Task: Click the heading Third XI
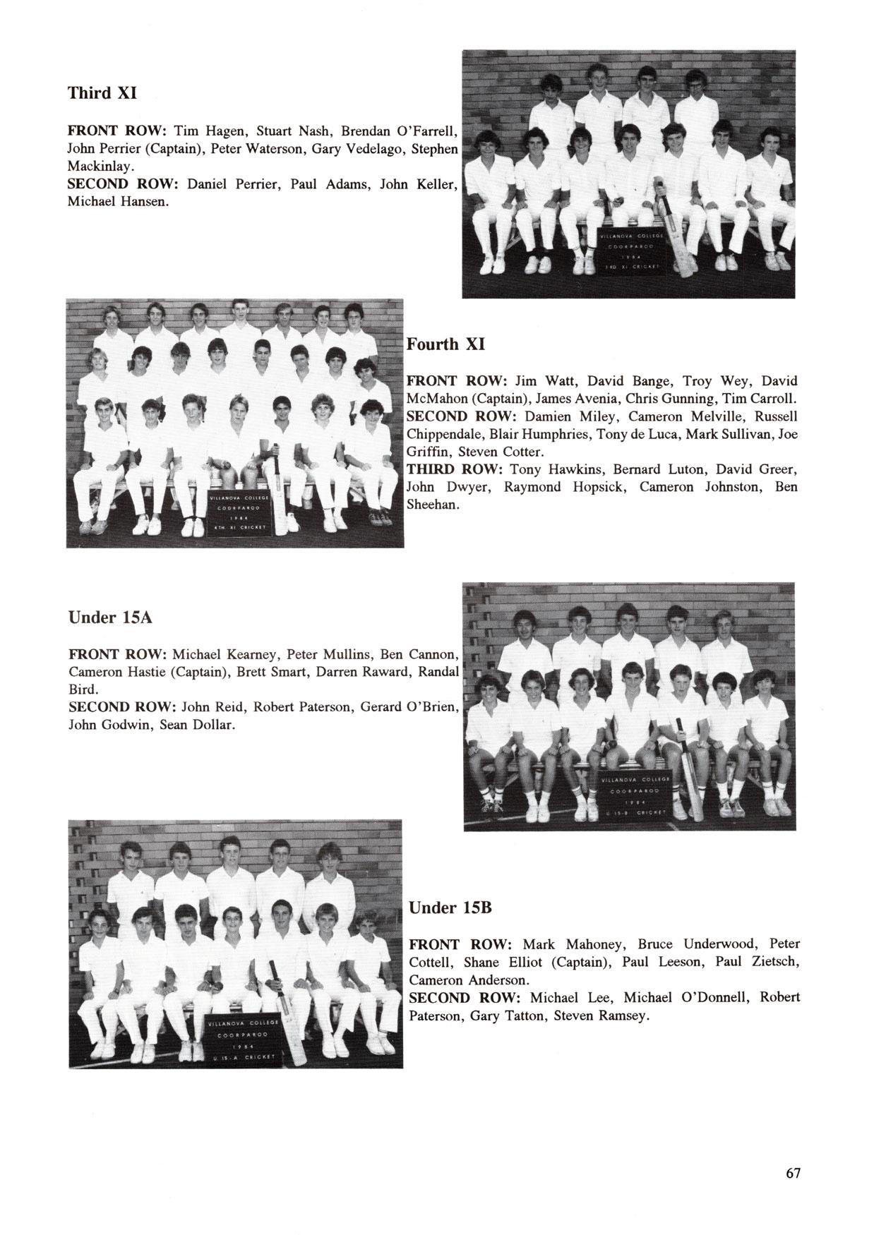point(102,93)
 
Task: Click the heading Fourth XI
point(445,344)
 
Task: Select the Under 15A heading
point(111,617)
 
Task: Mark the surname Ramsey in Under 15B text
point(623,1016)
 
